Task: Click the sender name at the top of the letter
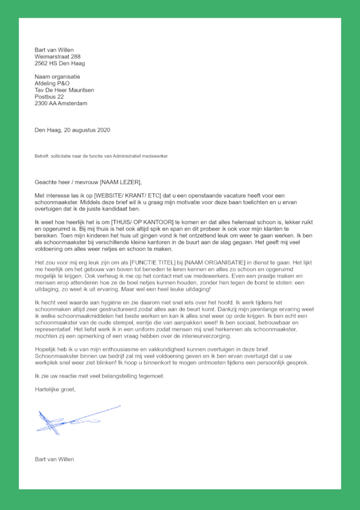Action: pyautogui.click(x=54, y=50)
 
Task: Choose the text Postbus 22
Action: pyautogui.click(x=49, y=97)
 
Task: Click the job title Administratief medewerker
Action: pyautogui.click(x=141, y=156)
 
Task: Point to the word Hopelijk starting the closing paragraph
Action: pyautogui.click(x=46, y=349)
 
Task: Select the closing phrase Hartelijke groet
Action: pyautogui.click(x=54, y=389)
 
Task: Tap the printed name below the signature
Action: pyautogui.click(x=54, y=459)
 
